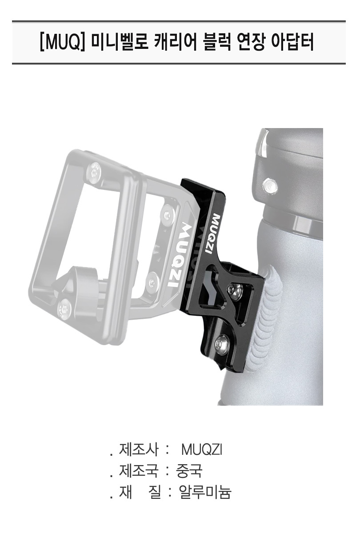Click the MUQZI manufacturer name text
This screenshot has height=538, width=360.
(202, 450)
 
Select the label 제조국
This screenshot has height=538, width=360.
(139, 471)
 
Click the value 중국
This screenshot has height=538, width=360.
(189, 471)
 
